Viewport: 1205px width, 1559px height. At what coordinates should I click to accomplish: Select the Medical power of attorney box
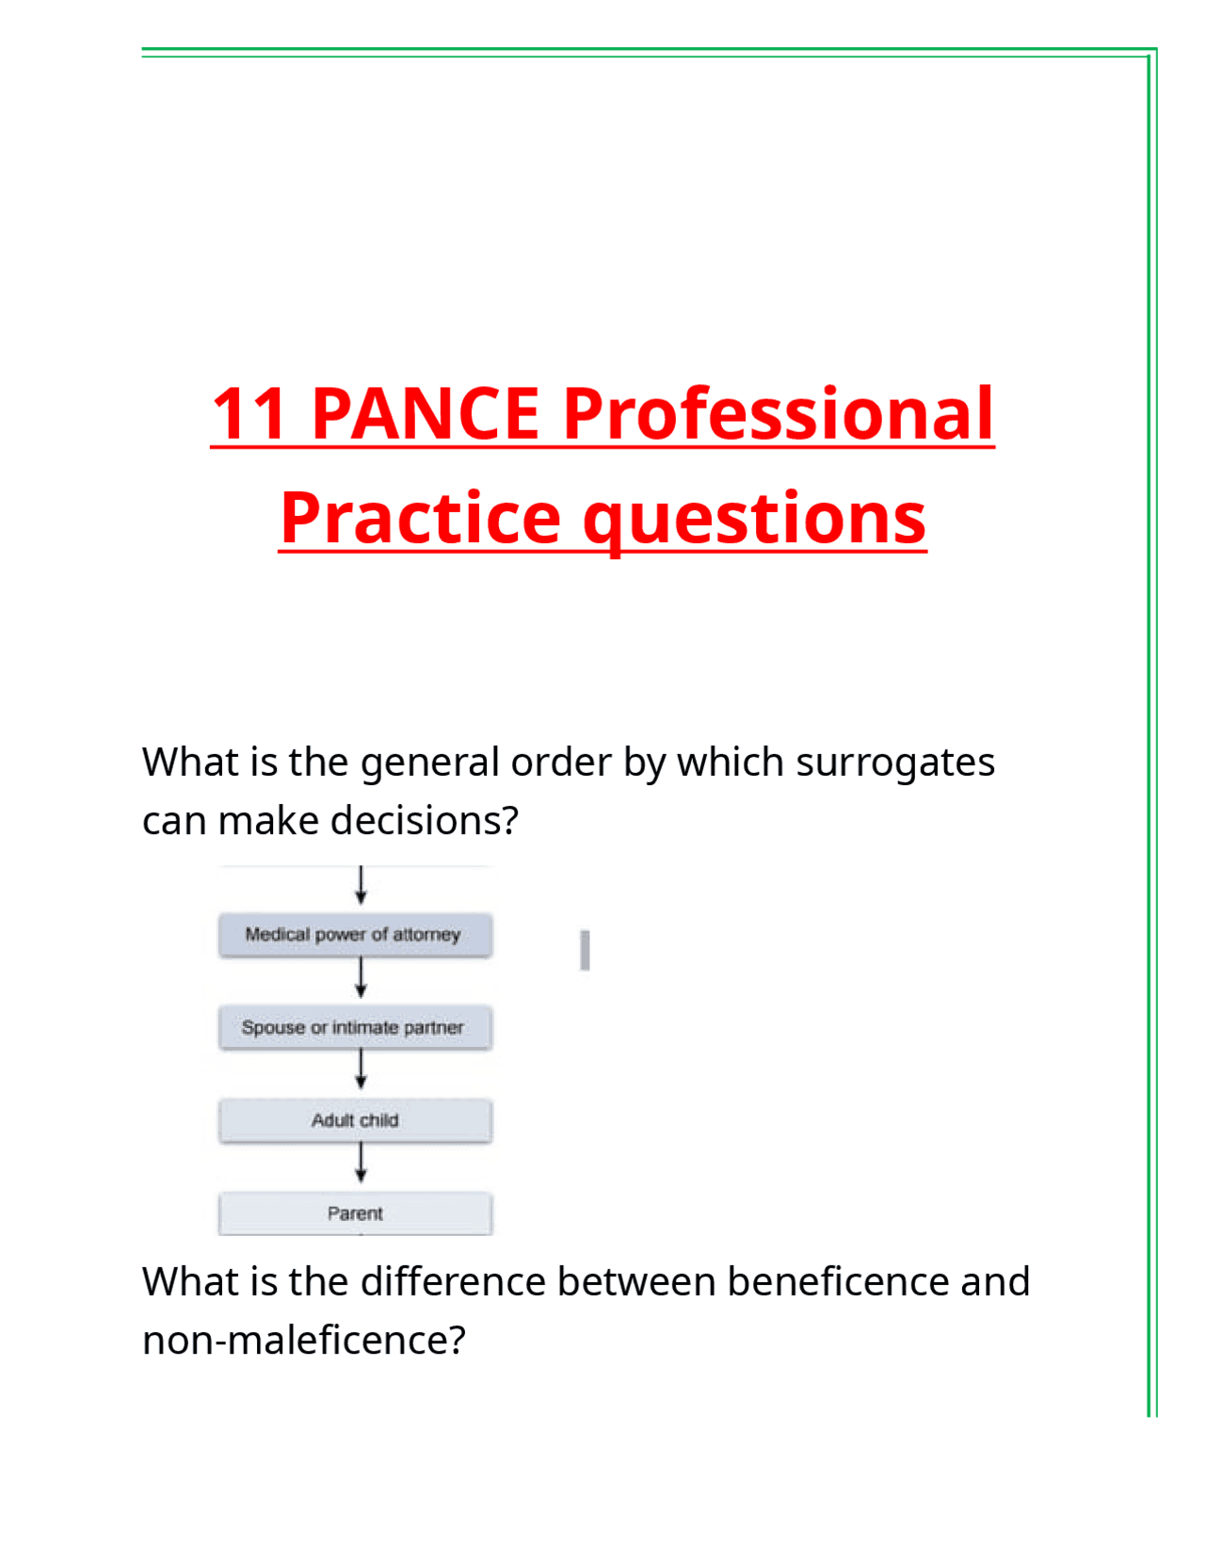click(x=354, y=935)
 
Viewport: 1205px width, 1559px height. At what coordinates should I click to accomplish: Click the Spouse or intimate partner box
click(x=354, y=1027)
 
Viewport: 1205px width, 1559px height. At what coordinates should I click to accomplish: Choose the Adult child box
click(x=354, y=1120)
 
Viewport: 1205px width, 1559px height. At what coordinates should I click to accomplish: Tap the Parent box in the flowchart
click(x=354, y=1213)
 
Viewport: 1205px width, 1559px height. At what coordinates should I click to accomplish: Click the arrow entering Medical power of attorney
click(x=361, y=886)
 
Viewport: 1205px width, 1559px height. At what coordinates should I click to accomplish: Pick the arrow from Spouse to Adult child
click(x=361, y=1070)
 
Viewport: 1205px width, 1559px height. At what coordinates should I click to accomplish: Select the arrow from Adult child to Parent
click(x=361, y=1164)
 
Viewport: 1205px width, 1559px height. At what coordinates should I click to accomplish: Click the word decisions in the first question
click(x=424, y=821)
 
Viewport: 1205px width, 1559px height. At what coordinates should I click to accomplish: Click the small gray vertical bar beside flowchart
click(x=585, y=950)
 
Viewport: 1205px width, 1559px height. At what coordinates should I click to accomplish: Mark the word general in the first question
click(x=428, y=763)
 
